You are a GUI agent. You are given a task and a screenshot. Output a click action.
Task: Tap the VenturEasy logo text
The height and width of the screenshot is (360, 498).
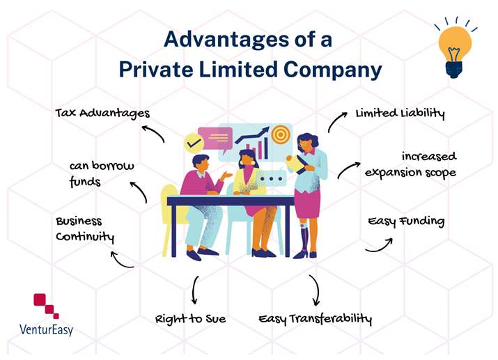47,330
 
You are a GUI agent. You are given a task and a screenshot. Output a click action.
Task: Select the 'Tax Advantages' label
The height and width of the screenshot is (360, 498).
102,114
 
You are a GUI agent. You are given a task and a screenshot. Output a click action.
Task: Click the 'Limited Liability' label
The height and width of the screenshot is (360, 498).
400,114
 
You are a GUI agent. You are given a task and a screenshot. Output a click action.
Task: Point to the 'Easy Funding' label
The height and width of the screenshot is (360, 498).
406,221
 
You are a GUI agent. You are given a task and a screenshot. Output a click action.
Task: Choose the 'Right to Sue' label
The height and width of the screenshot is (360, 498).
190,319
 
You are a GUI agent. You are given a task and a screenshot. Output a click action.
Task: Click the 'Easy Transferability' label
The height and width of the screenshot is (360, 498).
315,319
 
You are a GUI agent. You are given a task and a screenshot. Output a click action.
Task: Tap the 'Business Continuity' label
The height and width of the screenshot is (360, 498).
85,229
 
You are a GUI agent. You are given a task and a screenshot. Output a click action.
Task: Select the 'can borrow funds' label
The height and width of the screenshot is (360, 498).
102,173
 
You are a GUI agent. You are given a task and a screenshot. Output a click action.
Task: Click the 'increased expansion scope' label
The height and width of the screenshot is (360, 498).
410,164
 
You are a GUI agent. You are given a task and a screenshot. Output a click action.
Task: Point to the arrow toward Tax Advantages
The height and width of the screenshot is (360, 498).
154,131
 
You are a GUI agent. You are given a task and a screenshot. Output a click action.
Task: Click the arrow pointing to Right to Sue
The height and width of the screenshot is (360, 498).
194,290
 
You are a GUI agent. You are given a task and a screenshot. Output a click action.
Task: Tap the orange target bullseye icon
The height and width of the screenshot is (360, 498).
280,134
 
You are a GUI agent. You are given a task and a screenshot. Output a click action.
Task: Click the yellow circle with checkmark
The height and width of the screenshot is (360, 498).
194,143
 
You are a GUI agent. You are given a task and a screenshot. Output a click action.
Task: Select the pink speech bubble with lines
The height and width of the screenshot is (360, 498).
215,139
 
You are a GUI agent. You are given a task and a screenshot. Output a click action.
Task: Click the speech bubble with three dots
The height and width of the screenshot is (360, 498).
271,178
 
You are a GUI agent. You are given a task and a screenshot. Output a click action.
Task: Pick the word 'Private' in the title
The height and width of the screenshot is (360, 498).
156,69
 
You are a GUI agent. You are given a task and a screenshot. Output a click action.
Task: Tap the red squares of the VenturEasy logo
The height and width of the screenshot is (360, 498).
46,306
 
